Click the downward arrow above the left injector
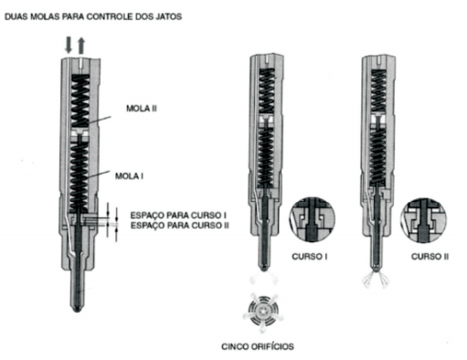coord(69,46)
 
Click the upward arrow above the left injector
coord(80,46)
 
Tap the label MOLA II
coord(142,109)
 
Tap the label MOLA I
coord(129,176)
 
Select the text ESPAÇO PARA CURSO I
coord(178,215)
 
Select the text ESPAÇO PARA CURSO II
coord(180,226)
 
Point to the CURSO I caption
coord(310,257)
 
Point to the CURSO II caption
coord(430,257)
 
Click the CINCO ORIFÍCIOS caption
coord(258,346)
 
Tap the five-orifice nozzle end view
coord(263,312)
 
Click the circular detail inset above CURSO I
coord(312,220)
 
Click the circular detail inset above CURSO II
coord(423,220)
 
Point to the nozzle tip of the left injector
coord(78,308)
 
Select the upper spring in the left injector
coord(80,101)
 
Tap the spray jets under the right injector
coord(377,279)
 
